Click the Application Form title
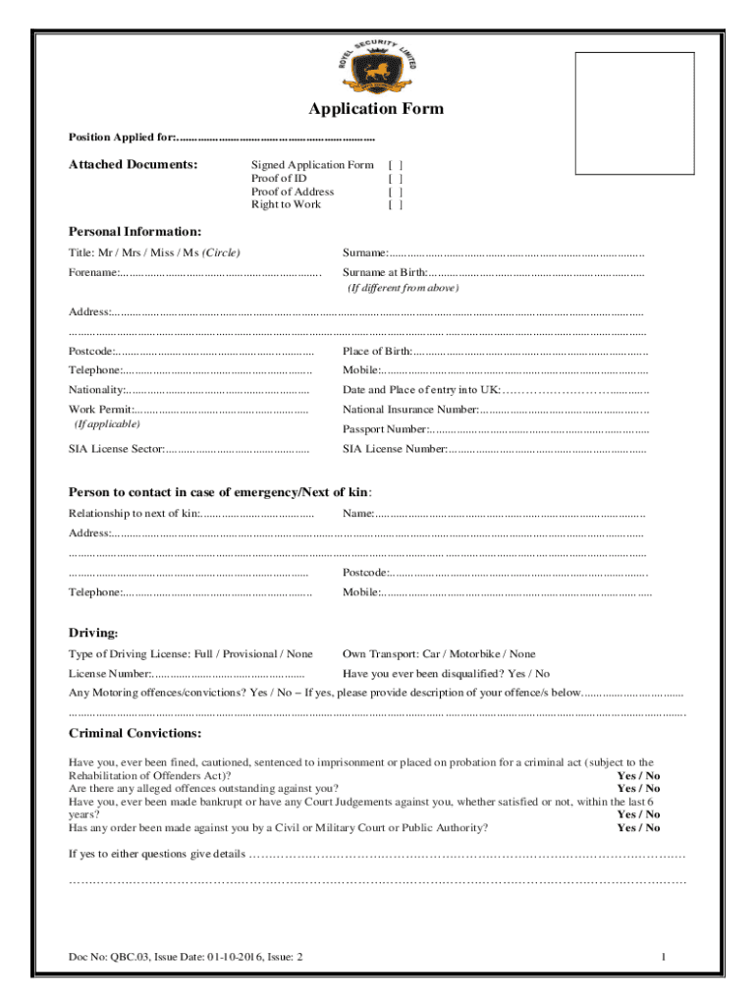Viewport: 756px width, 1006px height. pos(376,109)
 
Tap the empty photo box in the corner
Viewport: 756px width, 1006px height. pos(634,114)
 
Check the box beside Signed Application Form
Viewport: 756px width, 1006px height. pos(396,166)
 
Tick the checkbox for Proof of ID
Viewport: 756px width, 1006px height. pos(396,179)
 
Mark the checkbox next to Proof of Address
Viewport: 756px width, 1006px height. pos(396,192)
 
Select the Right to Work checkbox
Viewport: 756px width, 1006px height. pos(396,204)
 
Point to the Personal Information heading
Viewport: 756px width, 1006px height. pos(135,232)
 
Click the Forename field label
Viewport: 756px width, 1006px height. pos(94,272)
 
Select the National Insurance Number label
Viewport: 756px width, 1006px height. pos(410,409)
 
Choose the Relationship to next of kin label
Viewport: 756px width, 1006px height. pos(132,514)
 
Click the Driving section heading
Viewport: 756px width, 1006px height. pos(93,632)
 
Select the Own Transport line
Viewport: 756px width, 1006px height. pos(439,654)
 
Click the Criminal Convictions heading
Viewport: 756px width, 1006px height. pos(135,734)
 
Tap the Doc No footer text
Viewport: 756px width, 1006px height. pos(185,957)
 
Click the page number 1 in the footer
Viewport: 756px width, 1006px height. pos(665,957)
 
